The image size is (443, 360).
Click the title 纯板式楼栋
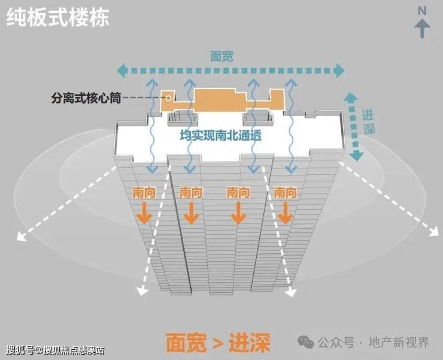click(57, 18)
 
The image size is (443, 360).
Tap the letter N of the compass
click(422, 11)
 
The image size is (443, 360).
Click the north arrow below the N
click(423, 28)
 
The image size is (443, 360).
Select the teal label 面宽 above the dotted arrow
click(222, 56)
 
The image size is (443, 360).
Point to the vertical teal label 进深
click(368, 122)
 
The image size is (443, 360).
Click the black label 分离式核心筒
click(86, 98)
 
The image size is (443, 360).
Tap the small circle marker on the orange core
click(168, 98)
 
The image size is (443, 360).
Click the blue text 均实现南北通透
click(221, 135)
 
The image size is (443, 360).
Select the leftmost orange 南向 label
click(144, 193)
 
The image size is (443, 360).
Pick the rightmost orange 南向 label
click(286, 193)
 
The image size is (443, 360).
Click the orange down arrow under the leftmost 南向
click(144, 213)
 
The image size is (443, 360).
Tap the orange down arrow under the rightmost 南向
click(286, 213)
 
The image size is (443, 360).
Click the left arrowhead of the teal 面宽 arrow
click(122, 71)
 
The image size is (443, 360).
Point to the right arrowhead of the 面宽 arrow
click(339, 71)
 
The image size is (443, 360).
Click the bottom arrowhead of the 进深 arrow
click(356, 156)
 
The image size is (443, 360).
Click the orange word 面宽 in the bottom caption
click(186, 343)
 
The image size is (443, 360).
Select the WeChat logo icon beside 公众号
click(306, 342)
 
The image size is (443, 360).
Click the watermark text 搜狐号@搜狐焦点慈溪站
click(55, 350)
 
